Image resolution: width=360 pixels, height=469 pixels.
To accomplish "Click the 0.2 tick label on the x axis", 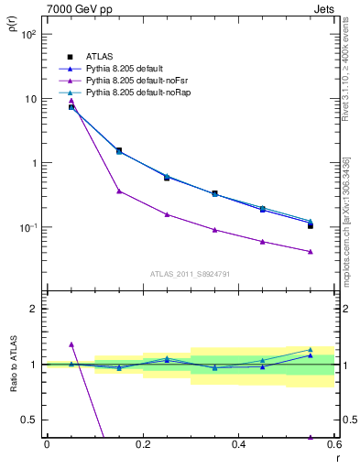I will tap(143, 445).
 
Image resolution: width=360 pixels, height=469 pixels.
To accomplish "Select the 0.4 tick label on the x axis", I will tap(238, 445).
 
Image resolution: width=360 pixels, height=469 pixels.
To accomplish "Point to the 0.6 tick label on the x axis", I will tap(333, 445).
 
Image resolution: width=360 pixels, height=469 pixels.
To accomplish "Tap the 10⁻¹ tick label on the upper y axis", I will tap(27, 227).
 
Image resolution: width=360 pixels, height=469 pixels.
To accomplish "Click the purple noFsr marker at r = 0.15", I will tap(119, 191).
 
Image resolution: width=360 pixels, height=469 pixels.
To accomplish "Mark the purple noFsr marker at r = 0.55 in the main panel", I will tap(311, 252).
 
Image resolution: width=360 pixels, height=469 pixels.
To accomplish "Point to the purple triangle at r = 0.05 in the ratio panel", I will tap(71, 344).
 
